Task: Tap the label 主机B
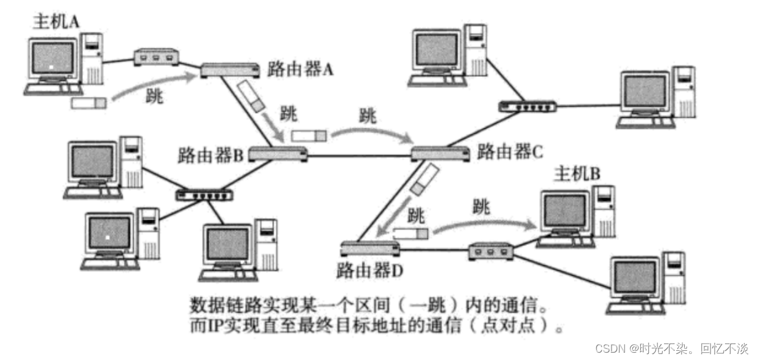pyautogui.click(x=576, y=175)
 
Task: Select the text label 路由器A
pyautogui.click(x=300, y=69)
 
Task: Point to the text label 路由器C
pyautogui.click(x=509, y=151)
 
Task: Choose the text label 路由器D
pyautogui.click(x=370, y=269)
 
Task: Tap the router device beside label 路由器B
pyautogui.click(x=277, y=154)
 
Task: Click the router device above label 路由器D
pyautogui.click(x=370, y=248)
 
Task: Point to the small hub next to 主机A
pyautogui.click(x=156, y=57)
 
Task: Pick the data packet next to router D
pyautogui.click(x=410, y=233)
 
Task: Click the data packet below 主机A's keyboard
pyautogui.click(x=88, y=103)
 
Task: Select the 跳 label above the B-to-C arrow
pyautogui.click(x=368, y=115)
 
